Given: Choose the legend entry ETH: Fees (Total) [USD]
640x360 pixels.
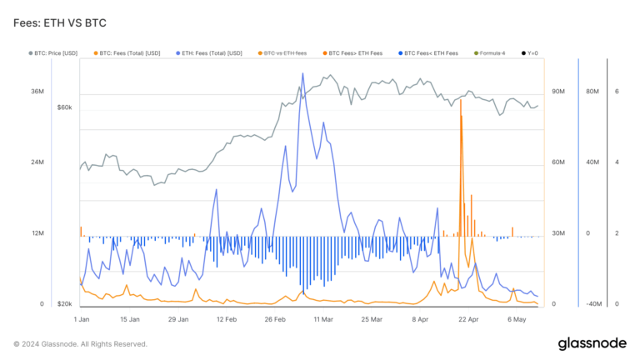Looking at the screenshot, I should click(x=209, y=53).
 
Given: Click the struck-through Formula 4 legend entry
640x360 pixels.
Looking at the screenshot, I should click(x=488, y=53).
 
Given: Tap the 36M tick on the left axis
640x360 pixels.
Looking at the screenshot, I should click(x=37, y=91).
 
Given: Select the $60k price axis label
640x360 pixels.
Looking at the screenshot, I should click(x=64, y=107).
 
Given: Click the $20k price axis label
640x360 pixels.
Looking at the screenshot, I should click(x=64, y=304).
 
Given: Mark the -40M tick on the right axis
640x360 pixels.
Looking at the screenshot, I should click(x=594, y=304).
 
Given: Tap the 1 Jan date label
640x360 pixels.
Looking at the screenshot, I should click(x=82, y=319).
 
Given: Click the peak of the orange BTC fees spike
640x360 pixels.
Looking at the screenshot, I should click(x=460, y=100).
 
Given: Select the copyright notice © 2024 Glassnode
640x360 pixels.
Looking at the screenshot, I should click(x=80, y=343).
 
